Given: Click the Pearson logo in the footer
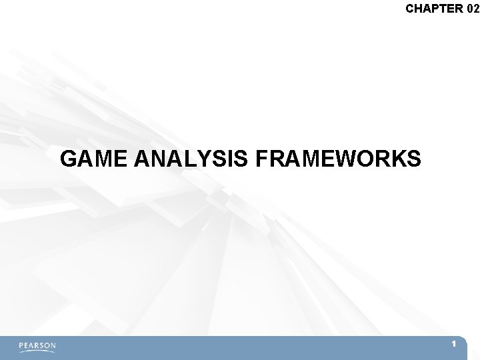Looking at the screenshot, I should pos(37,346).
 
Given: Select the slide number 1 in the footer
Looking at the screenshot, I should pos(453,344).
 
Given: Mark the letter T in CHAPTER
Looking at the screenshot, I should pos(443,9).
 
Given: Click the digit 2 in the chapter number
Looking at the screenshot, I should pos(476,9).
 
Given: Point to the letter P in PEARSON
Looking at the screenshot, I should pos(21,346).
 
